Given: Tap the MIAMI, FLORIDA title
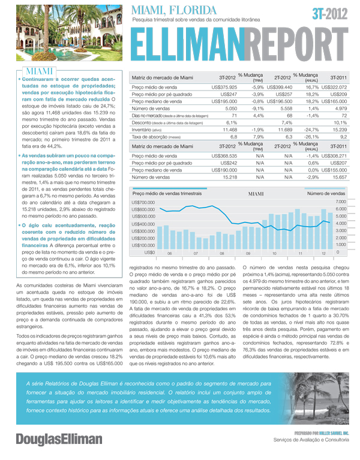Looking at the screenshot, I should click(x=174, y=10).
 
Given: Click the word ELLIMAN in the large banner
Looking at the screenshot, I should click(x=187, y=44).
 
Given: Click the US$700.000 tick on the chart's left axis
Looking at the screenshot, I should click(x=143, y=203).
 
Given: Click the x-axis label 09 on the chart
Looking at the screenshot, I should click(x=248, y=254).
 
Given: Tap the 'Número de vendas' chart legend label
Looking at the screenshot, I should click(x=325, y=193).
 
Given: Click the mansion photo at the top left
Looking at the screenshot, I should click(x=62, y=33).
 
